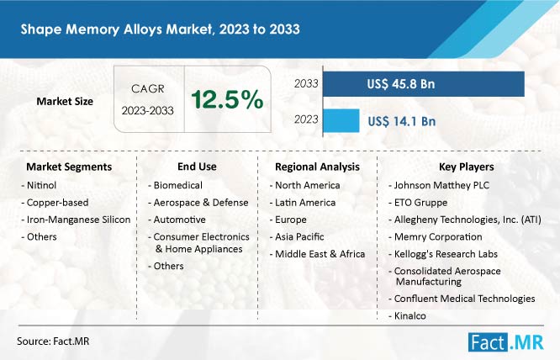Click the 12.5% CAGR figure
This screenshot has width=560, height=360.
tap(227, 99)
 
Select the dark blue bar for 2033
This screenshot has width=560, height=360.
tap(424, 84)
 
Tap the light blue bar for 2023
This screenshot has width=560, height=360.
tap(341, 121)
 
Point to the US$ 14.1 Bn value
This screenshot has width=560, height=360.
tap(402, 121)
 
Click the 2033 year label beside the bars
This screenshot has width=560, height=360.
tap(306, 83)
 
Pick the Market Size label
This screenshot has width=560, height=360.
tap(65, 102)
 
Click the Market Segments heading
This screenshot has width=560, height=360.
tap(69, 167)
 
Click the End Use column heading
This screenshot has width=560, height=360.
tap(197, 167)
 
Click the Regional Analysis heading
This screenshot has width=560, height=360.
tap(317, 167)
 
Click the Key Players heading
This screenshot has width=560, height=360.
tap(467, 167)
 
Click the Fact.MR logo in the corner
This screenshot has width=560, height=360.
tap(505, 342)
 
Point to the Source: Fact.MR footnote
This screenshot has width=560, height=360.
tap(53, 341)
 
